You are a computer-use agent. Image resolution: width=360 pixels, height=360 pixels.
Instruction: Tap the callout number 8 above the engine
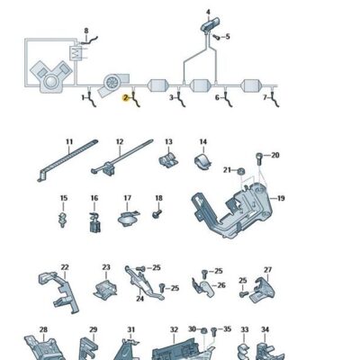[x=86, y=31]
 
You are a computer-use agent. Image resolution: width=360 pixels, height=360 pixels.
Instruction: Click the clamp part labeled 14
[x=204, y=163]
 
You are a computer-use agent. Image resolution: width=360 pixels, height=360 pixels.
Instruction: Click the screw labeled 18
[x=157, y=214]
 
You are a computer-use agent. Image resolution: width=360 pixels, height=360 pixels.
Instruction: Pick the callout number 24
[x=139, y=298]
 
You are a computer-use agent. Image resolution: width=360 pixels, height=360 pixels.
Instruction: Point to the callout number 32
[x=174, y=330]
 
